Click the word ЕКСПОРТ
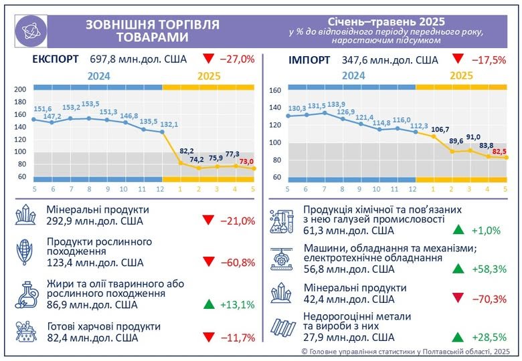click(56, 59)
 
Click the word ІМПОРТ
click(309, 59)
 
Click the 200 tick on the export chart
click(20, 90)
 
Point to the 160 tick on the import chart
click(274, 90)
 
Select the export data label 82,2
click(187, 151)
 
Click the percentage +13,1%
click(238, 305)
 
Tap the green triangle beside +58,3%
click(458, 269)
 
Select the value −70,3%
click(489, 299)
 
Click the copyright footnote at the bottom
click(406, 351)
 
